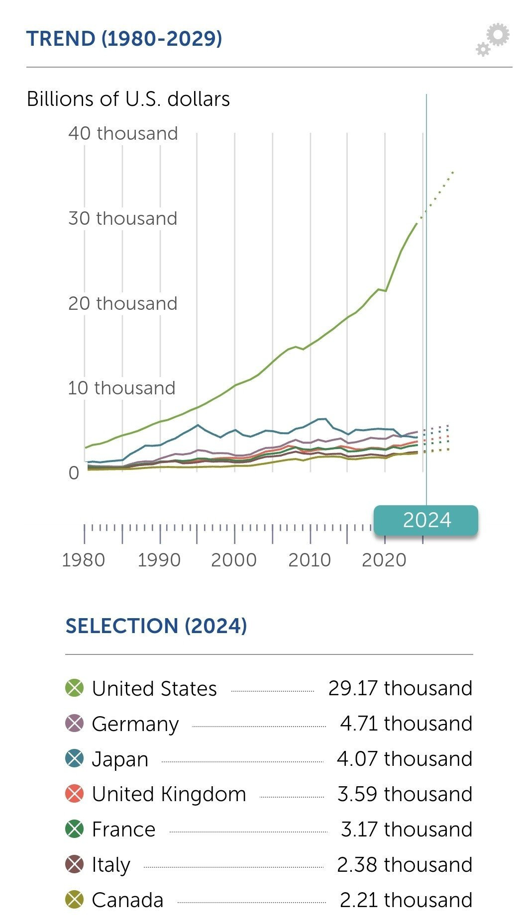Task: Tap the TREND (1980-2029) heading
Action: (x=124, y=39)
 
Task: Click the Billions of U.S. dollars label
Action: (x=128, y=99)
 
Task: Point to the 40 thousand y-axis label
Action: (x=123, y=133)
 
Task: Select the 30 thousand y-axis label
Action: (x=122, y=218)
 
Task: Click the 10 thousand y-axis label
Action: (x=121, y=388)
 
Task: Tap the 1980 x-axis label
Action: (x=83, y=560)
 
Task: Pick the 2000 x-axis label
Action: (x=234, y=560)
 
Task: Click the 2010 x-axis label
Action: (x=310, y=560)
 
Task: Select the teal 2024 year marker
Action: (x=426, y=520)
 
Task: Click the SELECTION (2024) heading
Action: (x=156, y=626)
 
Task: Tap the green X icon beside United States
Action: (x=75, y=688)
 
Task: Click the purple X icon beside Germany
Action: (x=75, y=724)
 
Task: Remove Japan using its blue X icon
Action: (x=75, y=759)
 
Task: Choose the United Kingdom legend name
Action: (x=169, y=794)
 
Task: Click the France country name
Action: (x=123, y=829)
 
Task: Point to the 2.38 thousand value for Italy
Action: (x=405, y=865)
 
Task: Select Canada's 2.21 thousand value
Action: (x=406, y=900)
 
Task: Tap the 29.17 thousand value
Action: (x=400, y=688)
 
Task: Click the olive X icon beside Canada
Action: (x=75, y=900)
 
